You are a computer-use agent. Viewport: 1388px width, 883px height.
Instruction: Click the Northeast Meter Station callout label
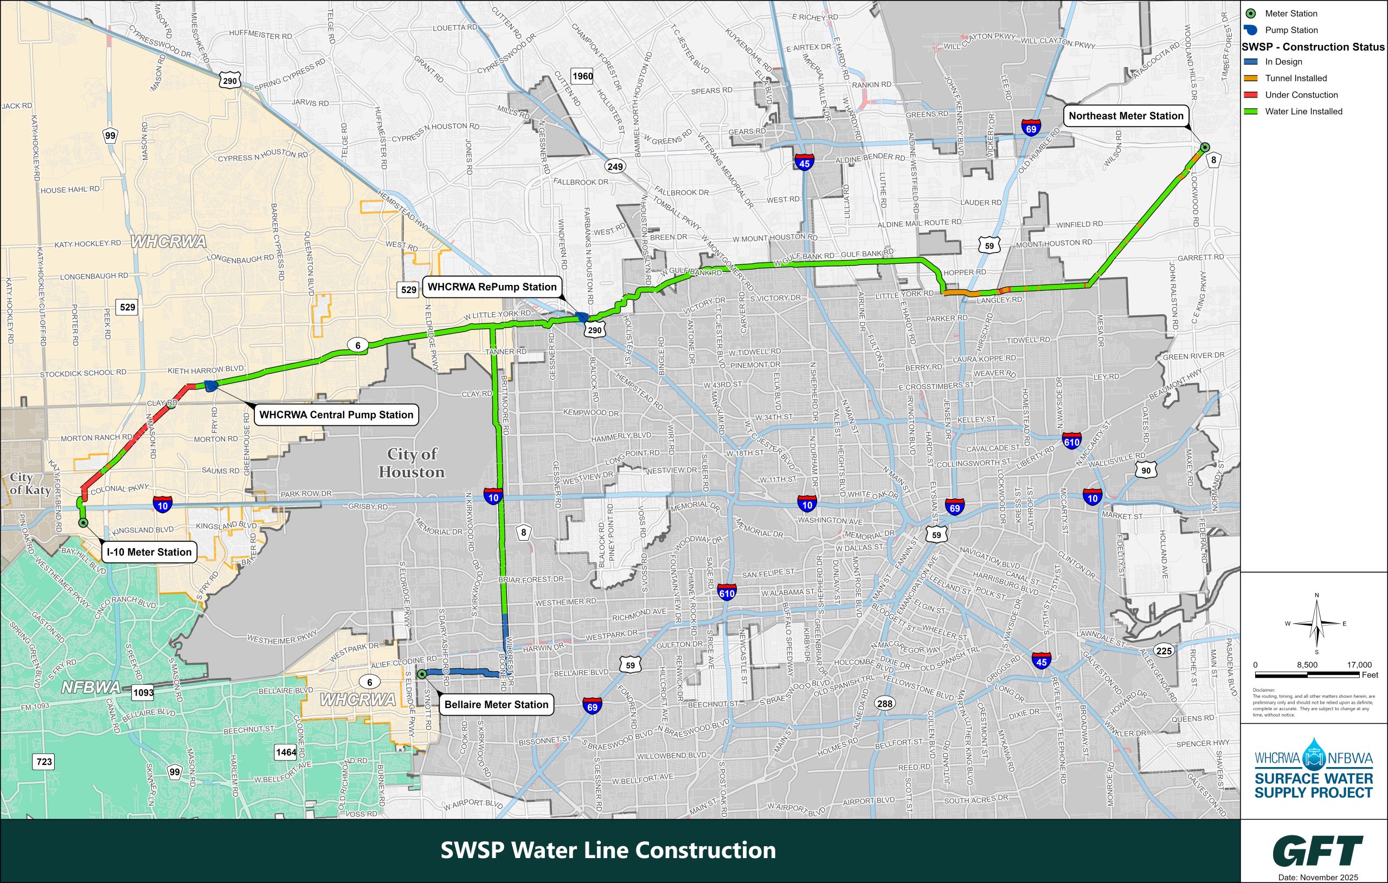(1126, 116)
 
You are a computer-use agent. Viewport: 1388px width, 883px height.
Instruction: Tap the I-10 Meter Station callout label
(149, 552)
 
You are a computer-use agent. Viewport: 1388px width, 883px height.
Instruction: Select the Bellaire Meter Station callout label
(496, 704)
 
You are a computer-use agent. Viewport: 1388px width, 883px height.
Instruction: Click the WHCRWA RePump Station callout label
(492, 287)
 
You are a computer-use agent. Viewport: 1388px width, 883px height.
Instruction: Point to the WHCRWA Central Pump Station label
(336, 415)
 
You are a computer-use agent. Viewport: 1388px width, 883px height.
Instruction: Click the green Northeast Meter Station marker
(1205, 147)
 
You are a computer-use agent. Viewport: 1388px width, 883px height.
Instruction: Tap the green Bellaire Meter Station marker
(421, 673)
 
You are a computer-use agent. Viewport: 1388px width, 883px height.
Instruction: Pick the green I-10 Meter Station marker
(83, 523)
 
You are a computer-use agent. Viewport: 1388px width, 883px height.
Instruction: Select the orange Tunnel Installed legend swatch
(1251, 79)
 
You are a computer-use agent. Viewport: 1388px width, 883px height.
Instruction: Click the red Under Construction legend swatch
(1251, 95)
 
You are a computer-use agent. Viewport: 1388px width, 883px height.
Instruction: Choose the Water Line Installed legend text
(1303, 112)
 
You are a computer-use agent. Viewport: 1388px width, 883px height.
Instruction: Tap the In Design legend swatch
(1251, 62)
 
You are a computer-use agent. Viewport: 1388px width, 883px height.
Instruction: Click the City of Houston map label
(412, 463)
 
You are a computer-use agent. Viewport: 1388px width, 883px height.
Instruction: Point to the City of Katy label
(29, 484)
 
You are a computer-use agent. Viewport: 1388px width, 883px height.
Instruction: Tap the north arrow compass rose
(1316, 624)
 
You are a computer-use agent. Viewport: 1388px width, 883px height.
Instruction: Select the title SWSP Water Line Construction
(608, 850)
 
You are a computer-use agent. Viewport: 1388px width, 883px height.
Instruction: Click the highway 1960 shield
(582, 76)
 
